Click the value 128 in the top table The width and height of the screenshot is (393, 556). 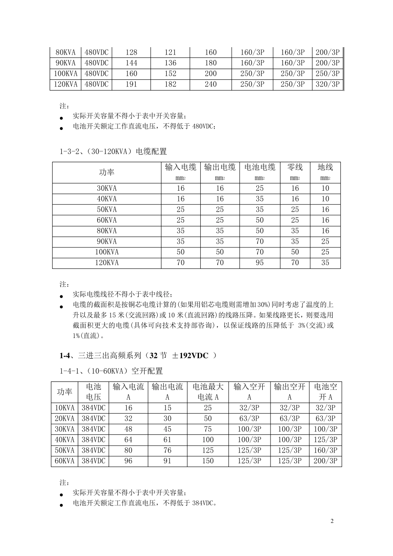click(x=131, y=53)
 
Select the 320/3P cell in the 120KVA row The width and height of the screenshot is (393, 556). click(x=327, y=84)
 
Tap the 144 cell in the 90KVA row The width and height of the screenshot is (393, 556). click(x=131, y=63)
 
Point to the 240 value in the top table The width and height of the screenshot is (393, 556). click(x=211, y=84)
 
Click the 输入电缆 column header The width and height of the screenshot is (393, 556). click(x=181, y=168)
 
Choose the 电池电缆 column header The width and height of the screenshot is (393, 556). click(x=260, y=168)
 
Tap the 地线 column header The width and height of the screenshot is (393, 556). click(x=325, y=168)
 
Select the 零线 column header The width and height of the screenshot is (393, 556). click(x=295, y=168)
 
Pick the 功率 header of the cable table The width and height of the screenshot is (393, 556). click(x=107, y=173)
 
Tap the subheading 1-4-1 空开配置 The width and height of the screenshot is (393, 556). click(x=111, y=371)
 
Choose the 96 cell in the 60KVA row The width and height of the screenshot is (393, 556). click(x=128, y=461)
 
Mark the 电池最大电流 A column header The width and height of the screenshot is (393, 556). click(x=208, y=392)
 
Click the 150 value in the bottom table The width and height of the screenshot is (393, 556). click(x=208, y=461)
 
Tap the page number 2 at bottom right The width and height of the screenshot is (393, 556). click(x=332, y=521)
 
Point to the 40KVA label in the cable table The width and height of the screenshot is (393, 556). click(x=107, y=199)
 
